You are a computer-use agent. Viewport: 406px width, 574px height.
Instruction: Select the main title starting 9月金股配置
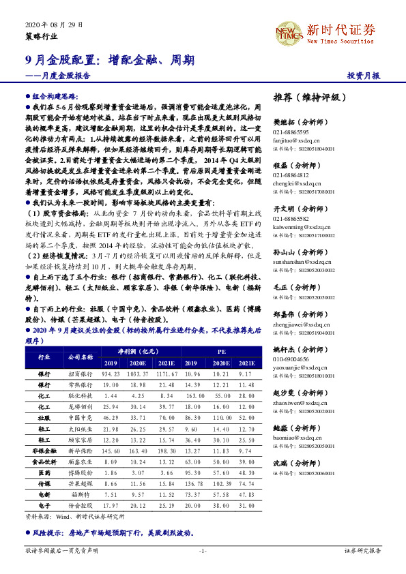click(x=105, y=59)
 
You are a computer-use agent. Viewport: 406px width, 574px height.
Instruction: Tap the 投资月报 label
click(x=363, y=76)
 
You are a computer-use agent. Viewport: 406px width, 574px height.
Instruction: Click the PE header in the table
click(x=222, y=350)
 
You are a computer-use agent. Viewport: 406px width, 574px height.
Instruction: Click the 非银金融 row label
click(x=44, y=451)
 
